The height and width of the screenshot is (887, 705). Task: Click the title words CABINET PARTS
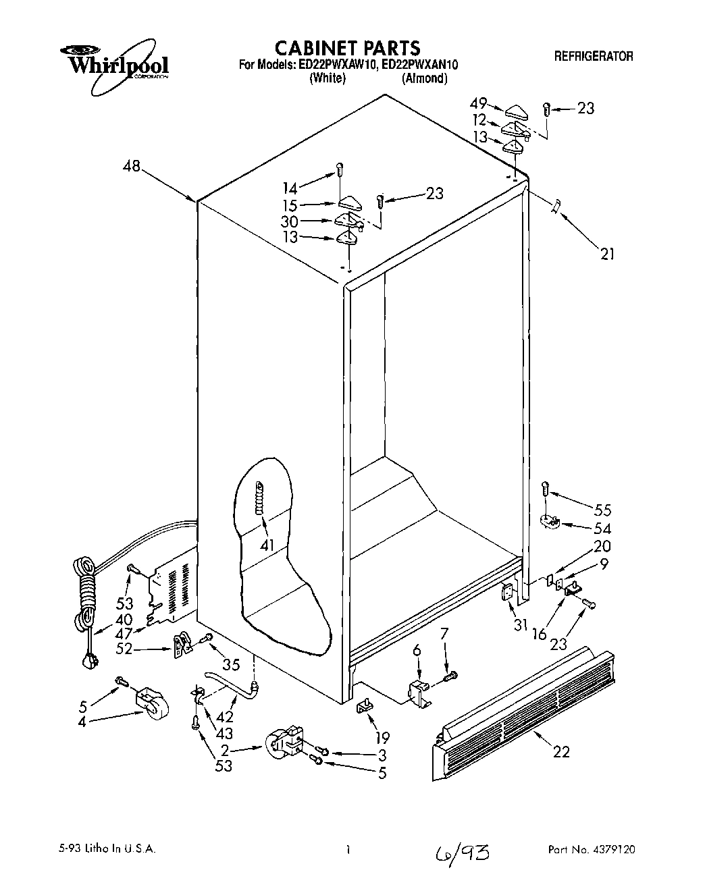click(348, 48)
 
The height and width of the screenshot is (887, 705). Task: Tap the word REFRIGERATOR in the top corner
click(594, 57)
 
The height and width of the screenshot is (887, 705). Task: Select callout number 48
click(132, 165)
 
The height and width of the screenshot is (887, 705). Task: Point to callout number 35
click(230, 665)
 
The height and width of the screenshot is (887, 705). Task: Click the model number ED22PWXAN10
click(419, 65)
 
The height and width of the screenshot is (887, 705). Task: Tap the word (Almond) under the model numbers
click(424, 78)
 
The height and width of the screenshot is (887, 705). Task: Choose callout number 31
click(519, 625)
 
